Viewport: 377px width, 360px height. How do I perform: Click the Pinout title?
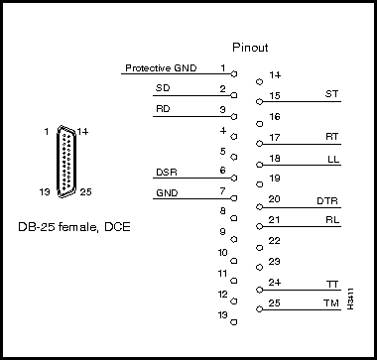pos(250,47)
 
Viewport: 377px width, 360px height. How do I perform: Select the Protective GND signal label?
pos(161,68)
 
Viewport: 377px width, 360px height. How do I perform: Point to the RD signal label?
pos(163,108)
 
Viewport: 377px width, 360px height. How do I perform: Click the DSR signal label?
pos(166,173)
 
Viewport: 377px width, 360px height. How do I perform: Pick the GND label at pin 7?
pos(166,191)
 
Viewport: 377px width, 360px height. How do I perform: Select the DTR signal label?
pos(328,200)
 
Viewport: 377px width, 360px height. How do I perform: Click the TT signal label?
pos(332,285)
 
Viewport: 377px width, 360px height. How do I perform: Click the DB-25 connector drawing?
pos(65,162)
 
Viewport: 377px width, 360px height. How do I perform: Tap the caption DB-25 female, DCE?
pos(74,227)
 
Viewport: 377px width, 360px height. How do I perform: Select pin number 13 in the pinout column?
pos(223,314)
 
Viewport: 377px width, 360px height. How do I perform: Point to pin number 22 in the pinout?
pos(274,241)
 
